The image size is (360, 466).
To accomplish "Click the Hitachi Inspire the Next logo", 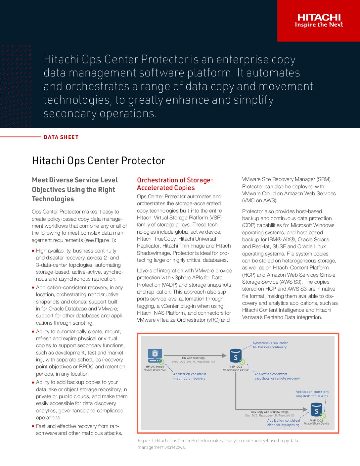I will [x=319, y=21].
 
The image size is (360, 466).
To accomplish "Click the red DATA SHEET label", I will [x=61, y=137].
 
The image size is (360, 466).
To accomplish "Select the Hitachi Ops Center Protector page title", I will [x=98, y=161].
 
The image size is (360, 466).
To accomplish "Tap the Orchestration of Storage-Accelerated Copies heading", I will [x=175, y=184].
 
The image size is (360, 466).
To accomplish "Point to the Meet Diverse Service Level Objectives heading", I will [x=75, y=189].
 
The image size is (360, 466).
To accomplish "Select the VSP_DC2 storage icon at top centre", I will [x=236, y=356].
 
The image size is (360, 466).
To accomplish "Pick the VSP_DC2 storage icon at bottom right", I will [x=317, y=410].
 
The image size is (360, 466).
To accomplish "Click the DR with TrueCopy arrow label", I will [x=193, y=358].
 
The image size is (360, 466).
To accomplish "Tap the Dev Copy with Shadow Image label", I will [x=270, y=412].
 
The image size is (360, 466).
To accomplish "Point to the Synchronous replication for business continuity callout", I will [x=270, y=345].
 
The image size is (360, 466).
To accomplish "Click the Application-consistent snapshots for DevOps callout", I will [x=312, y=394].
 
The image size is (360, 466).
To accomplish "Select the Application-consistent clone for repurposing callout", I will [x=283, y=423].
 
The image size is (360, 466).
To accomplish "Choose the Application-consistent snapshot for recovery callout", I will [x=189, y=376].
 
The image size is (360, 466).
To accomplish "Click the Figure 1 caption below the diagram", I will [x=218, y=444].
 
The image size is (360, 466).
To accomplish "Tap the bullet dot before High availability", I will [x=33, y=251].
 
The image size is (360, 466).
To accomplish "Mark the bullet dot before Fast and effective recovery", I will [x=33, y=426].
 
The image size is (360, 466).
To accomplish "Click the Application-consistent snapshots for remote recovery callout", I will [x=277, y=376].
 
